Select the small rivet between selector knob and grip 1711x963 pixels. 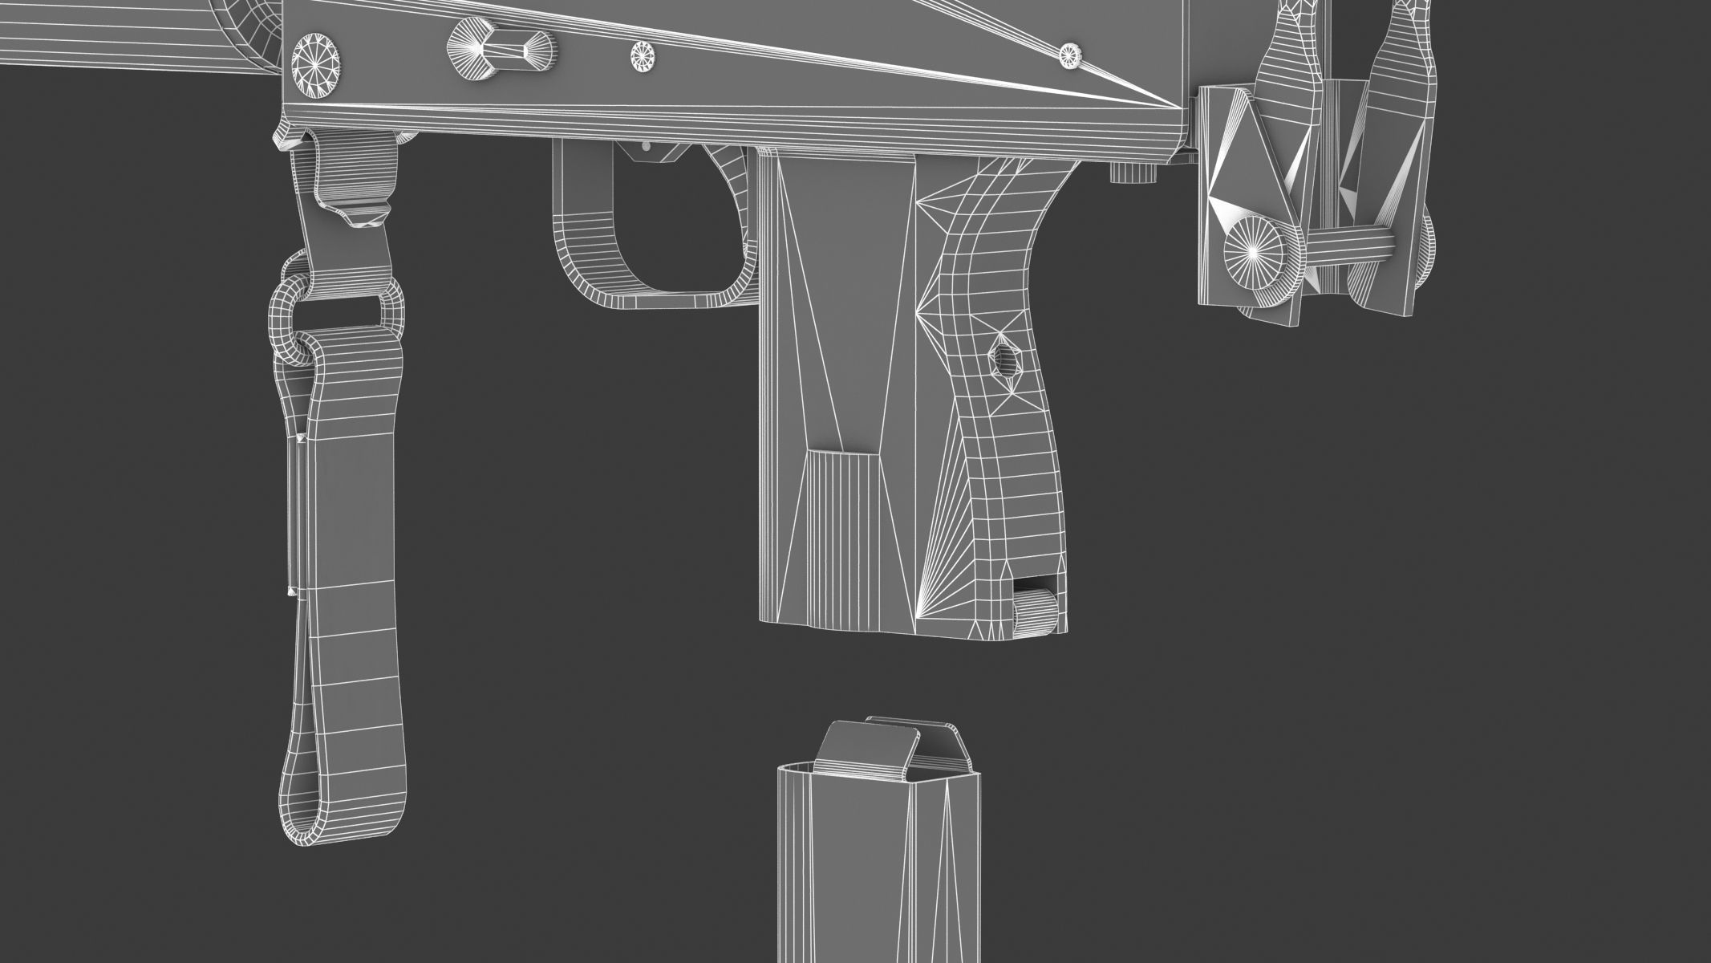(643, 55)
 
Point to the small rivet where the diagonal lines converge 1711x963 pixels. (1070, 55)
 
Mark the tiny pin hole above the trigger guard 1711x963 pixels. (647, 146)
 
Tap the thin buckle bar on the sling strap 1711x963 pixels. (294, 514)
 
